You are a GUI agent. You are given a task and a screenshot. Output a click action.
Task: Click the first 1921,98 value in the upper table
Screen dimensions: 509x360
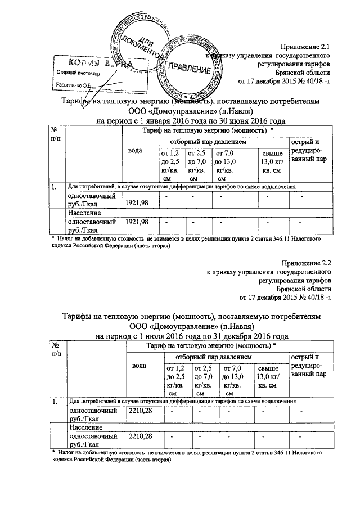point(137,202)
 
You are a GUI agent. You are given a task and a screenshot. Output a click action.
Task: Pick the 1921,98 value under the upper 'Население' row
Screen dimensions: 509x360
point(137,223)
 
